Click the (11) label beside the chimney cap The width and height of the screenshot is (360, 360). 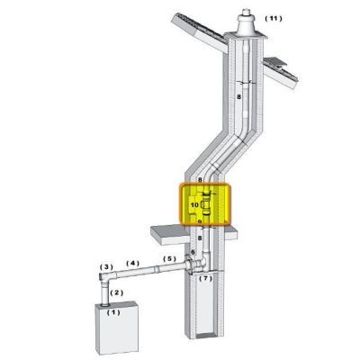(x=274, y=19)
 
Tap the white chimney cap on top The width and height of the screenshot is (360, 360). (x=246, y=22)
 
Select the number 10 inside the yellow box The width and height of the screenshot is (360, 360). (x=194, y=205)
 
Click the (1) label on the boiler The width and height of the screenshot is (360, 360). (x=113, y=312)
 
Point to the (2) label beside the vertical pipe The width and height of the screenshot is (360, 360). (x=117, y=292)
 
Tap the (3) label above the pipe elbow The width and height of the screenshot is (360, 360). (x=106, y=266)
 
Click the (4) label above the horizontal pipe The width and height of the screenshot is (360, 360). (x=133, y=263)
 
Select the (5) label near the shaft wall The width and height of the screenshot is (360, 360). (x=169, y=258)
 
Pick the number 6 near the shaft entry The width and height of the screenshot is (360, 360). (x=193, y=252)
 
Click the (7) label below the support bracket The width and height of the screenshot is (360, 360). (x=206, y=278)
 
